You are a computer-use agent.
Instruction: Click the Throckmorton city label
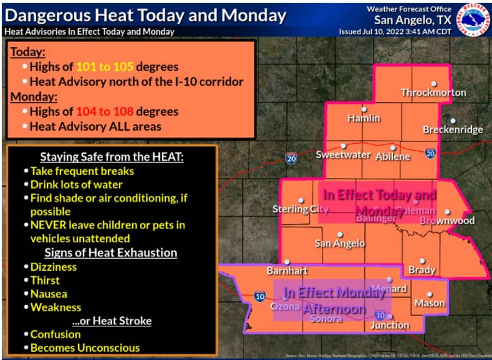coord(434,92)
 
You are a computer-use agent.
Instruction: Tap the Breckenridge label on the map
coord(453,130)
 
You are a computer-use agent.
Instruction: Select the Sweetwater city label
coord(343,155)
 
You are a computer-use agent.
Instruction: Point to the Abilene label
coord(393,156)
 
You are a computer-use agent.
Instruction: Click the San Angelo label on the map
coord(339,243)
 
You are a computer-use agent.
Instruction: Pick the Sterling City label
coord(300,209)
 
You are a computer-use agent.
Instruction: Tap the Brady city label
coord(422,269)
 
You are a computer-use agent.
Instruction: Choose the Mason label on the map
coord(430,303)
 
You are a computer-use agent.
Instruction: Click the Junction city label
coord(390,324)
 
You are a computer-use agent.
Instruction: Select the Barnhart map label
coord(287,270)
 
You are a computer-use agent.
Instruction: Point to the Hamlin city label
coord(364,118)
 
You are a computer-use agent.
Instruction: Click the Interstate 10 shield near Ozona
coord(260,297)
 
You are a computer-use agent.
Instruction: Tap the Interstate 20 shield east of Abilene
coord(431,154)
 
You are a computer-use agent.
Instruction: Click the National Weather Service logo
coord(473,19)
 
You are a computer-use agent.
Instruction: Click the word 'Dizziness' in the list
coord(54,267)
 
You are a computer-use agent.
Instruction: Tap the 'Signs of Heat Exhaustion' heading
coord(110,252)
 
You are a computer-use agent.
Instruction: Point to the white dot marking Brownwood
coord(447,212)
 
